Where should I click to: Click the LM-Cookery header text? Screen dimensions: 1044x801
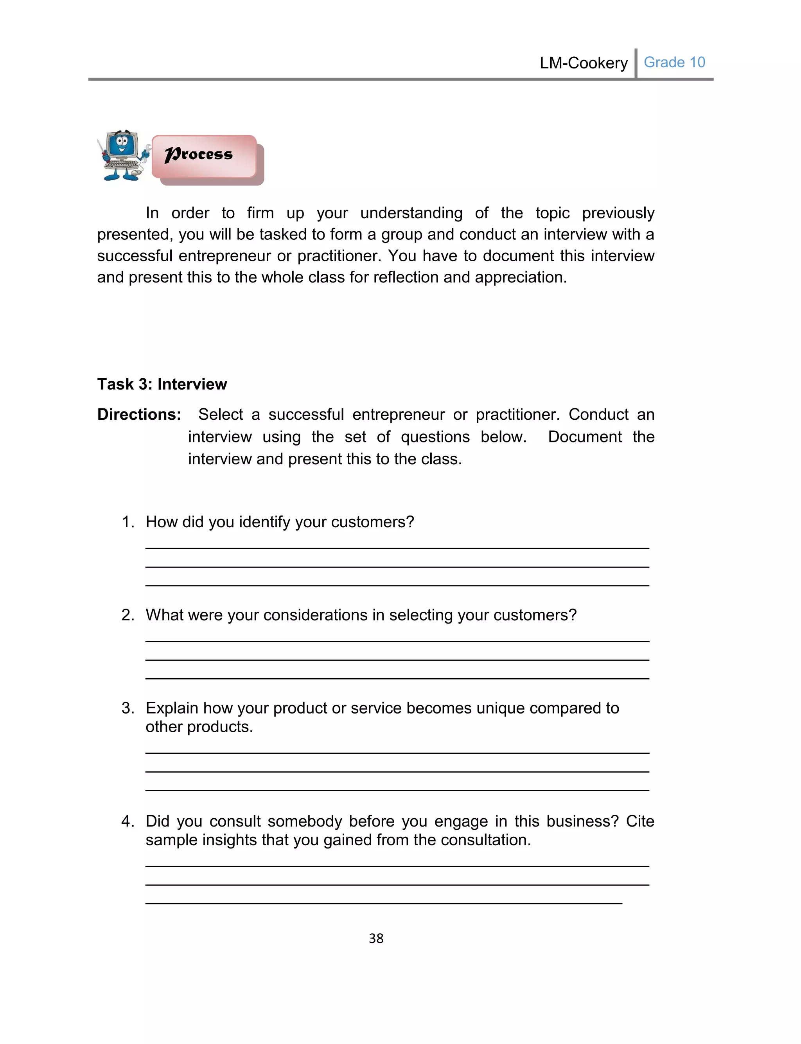pos(583,63)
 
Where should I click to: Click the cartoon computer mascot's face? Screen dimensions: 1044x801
pos(122,145)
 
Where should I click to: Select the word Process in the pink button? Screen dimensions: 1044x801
pos(198,155)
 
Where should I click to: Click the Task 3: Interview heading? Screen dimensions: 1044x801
pos(162,384)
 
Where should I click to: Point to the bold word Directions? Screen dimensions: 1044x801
pos(139,414)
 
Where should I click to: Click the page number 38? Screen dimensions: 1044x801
pos(376,938)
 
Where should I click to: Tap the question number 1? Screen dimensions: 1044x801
pos(127,522)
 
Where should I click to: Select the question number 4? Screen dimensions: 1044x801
pos(127,821)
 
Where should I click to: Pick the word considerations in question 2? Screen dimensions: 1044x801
pos(315,615)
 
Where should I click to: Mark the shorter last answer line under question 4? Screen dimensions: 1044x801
pos(383,903)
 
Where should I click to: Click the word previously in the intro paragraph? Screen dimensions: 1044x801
pos(618,213)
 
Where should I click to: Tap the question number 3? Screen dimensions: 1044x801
pos(127,708)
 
